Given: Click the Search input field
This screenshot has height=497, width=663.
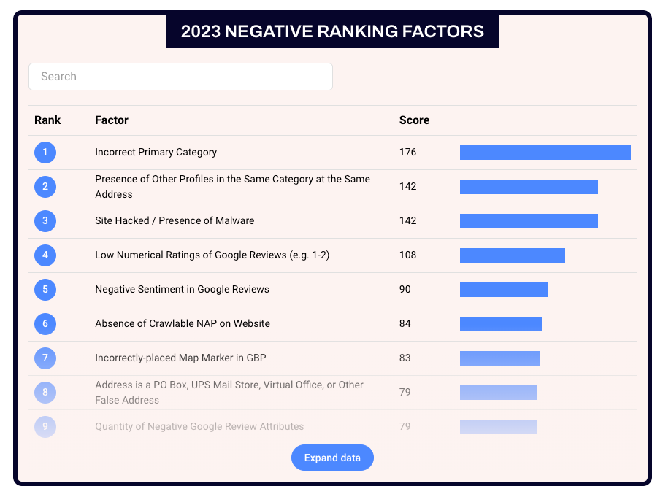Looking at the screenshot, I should [180, 77].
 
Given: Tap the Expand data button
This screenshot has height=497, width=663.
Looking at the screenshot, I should [332, 458].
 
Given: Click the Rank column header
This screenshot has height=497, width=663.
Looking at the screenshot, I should [47, 120].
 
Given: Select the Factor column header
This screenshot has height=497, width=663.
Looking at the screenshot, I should [112, 120].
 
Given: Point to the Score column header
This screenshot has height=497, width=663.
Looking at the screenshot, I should [414, 120].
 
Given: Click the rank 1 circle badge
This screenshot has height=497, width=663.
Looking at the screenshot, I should [45, 153].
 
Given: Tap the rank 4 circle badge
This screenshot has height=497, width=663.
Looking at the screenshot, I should [45, 255].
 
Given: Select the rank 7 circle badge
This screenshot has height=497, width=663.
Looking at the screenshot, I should [45, 358].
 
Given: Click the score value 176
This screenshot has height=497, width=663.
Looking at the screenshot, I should [407, 153].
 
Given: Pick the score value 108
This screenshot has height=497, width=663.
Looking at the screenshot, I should [407, 255].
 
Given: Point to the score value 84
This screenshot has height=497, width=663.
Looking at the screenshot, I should [405, 324].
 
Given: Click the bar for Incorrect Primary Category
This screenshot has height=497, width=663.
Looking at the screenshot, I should [545, 153].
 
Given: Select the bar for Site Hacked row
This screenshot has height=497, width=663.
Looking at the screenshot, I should [529, 221].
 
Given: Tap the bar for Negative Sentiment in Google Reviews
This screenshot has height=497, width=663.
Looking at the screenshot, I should [503, 290].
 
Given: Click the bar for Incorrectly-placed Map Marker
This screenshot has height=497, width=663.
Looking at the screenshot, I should [499, 358].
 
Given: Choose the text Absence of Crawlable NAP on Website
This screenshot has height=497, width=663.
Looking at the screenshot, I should [183, 324].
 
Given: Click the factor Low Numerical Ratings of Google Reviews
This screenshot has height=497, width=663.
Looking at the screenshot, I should [212, 255].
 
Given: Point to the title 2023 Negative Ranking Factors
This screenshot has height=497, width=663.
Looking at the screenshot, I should [332, 31].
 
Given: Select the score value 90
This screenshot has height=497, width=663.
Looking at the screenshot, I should [405, 290].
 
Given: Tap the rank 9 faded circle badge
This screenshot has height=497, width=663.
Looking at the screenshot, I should [45, 427].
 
